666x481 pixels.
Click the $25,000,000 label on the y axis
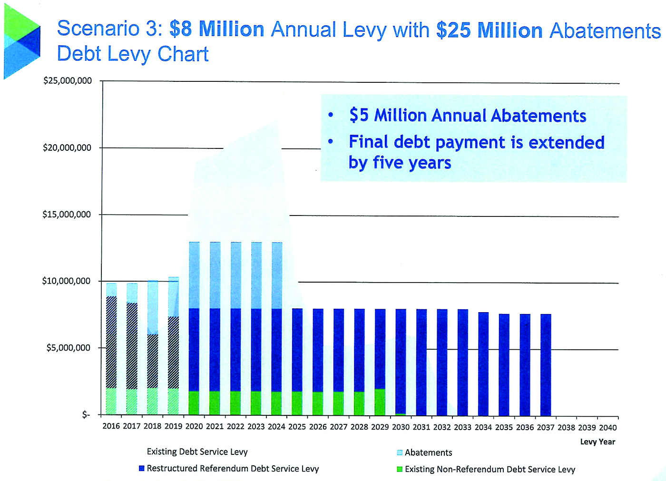pyautogui.click(x=68, y=80)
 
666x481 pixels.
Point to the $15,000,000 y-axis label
pyautogui.click(x=67, y=215)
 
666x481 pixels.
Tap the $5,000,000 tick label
pyautogui.click(x=68, y=347)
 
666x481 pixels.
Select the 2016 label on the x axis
pyautogui.click(x=111, y=426)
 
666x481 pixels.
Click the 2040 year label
pyautogui.click(x=608, y=428)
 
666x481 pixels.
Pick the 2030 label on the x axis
pyautogui.click(x=401, y=427)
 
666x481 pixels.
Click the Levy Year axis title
pyautogui.click(x=597, y=442)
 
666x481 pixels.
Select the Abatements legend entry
pyautogui.click(x=424, y=452)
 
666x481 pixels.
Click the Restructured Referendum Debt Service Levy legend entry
pyautogui.click(x=229, y=469)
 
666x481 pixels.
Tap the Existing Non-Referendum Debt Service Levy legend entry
pyautogui.click(x=486, y=470)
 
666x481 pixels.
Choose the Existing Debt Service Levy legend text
pyautogui.click(x=197, y=452)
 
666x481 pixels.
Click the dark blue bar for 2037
pyautogui.click(x=546, y=365)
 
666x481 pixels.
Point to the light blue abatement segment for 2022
pyautogui.click(x=236, y=275)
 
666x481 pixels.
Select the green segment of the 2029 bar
pyautogui.click(x=380, y=402)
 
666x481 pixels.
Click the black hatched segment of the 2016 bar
pyautogui.click(x=111, y=342)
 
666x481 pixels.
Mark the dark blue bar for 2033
pyautogui.click(x=463, y=363)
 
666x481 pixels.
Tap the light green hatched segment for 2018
pyautogui.click(x=153, y=402)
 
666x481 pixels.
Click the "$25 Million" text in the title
pyautogui.click(x=489, y=30)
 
